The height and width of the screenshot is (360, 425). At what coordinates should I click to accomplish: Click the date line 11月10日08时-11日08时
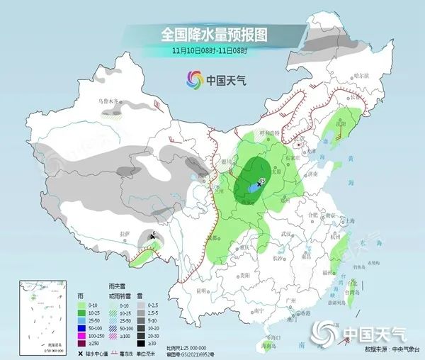[215, 52]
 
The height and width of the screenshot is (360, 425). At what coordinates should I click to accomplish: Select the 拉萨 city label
[125, 234]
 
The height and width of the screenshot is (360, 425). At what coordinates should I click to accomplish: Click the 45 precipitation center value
[261, 181]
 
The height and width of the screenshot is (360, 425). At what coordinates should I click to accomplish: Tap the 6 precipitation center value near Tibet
[154, 233]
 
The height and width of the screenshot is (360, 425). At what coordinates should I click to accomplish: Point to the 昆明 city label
[203, 291]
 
